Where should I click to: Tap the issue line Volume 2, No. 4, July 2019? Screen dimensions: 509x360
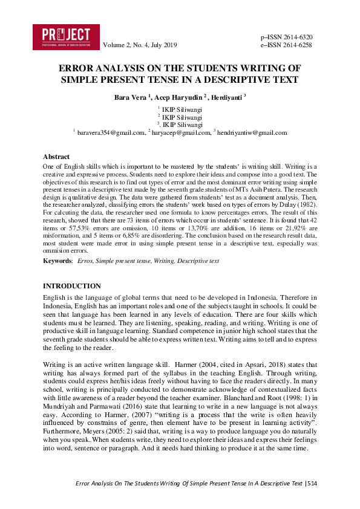pyautogui.click(x=140, y=45)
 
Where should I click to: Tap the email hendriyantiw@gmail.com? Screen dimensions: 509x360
pyautogui.click(x=252, y=132)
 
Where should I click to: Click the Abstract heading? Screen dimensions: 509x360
pyautogui.click(x=56, y=157)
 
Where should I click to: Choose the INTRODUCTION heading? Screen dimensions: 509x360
pyautogui.click(x=72, y=286)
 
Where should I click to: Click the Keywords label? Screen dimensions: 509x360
pyautogui.click(x=57, y=261)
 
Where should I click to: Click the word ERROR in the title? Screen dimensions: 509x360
pyautogui.click(x=76, y=68)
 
